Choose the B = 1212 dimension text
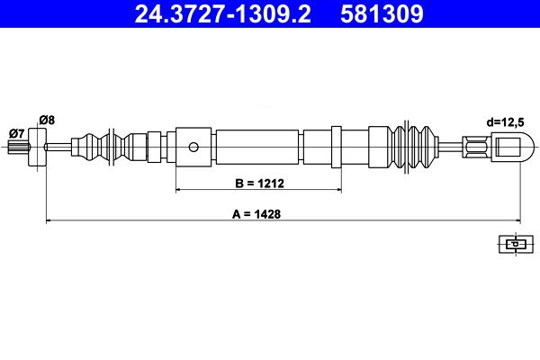pos(259,183)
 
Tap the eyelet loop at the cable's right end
pos(509,145)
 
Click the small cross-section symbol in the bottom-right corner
pos(513,243)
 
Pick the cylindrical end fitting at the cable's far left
pos(37,146)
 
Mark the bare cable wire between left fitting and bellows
pos(61,147)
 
